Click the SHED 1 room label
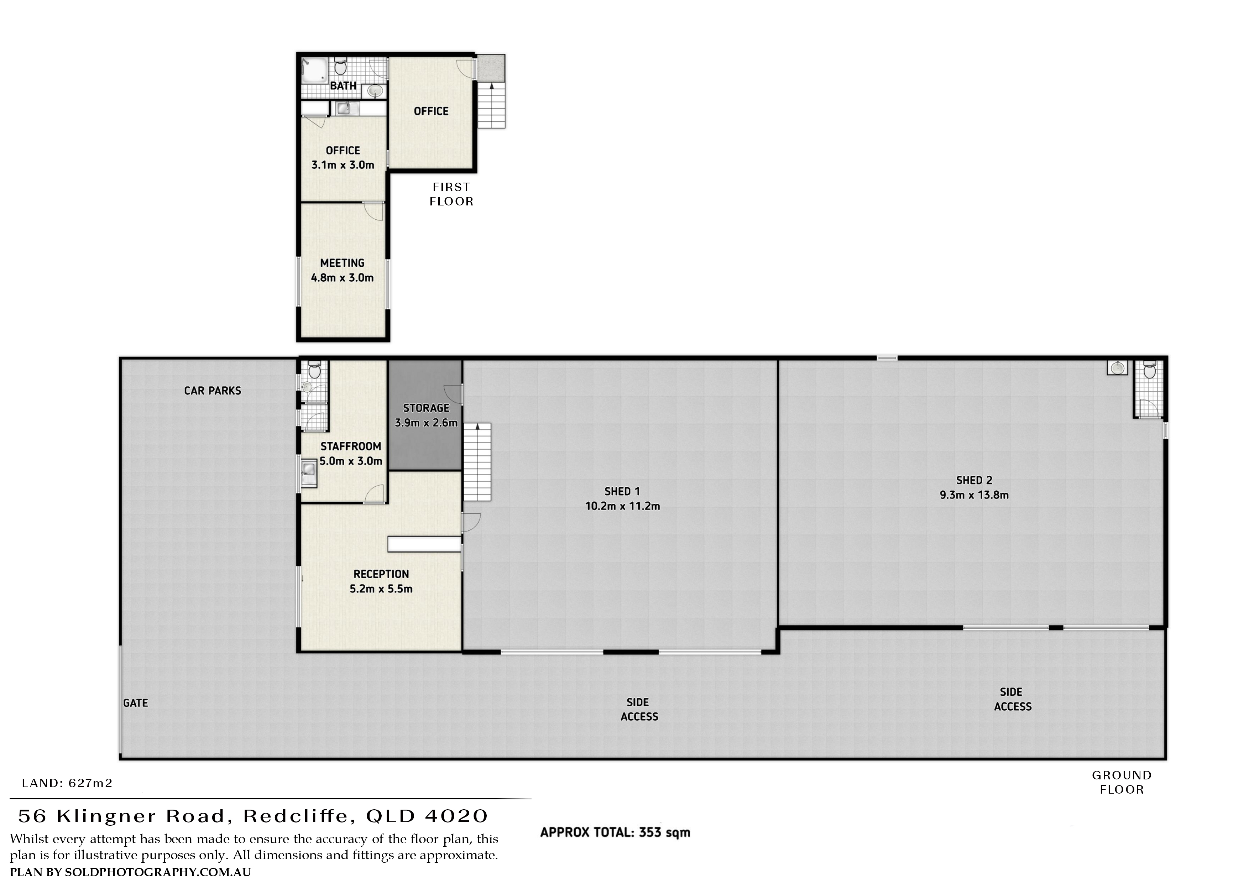pos(622,491)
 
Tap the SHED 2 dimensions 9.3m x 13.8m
pos(974,495)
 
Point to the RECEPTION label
pos(381,574)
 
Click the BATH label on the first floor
pos(343,86)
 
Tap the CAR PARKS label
pos(212,391)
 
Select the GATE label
pos(135,703)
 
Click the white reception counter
pos(424,544)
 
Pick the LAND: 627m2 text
pos(67,783)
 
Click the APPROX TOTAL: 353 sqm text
pos(615,848)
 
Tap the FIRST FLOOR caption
pos(451,194)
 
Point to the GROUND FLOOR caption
pos(1122,782)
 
